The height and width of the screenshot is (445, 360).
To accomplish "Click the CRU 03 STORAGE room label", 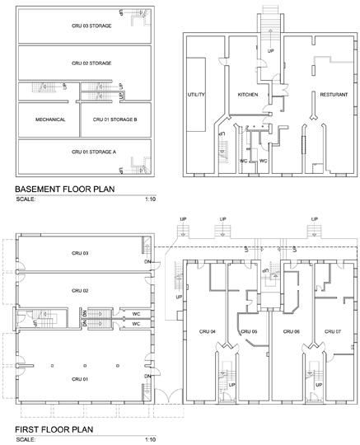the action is click(x=91, y=26).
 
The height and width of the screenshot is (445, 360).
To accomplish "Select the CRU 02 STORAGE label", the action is click(x=91, y=63).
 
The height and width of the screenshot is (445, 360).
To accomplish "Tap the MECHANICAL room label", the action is click(x=50, y=119).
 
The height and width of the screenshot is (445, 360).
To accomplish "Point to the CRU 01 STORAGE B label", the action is click(x=115, y=119).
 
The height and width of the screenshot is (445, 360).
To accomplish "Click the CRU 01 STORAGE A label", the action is click(x=94, y=152).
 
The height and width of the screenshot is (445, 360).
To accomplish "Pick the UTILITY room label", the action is click(x=196, y=95).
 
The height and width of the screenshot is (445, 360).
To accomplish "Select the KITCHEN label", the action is click(x=248, y=95).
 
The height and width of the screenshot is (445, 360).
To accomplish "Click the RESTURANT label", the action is click(x=334, y=95).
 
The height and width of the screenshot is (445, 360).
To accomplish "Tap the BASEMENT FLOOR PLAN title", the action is click(x=65, y=189).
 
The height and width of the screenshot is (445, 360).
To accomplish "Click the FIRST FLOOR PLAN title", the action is click(x=54, y=429).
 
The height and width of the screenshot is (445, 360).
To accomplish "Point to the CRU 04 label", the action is click(x=208, y=331).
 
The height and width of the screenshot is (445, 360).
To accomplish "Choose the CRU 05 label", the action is click(x=249, y=331).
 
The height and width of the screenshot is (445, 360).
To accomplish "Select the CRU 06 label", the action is click(x=292, y=331).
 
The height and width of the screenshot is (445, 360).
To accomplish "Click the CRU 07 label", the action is click(x=333, y=331).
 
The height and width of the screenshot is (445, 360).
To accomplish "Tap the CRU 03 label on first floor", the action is click(x=80, y=253).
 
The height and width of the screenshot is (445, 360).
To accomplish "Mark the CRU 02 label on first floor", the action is click(x=80, y=291).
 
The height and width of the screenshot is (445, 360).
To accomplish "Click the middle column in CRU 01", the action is click(x=85, y=366).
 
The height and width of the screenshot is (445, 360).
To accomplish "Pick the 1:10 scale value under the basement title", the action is click(x=151, y=199).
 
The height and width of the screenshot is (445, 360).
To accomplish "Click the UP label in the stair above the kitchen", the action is click(x=271, y=51).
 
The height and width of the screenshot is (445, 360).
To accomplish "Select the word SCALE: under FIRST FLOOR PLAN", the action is click(x=26, y=439).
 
